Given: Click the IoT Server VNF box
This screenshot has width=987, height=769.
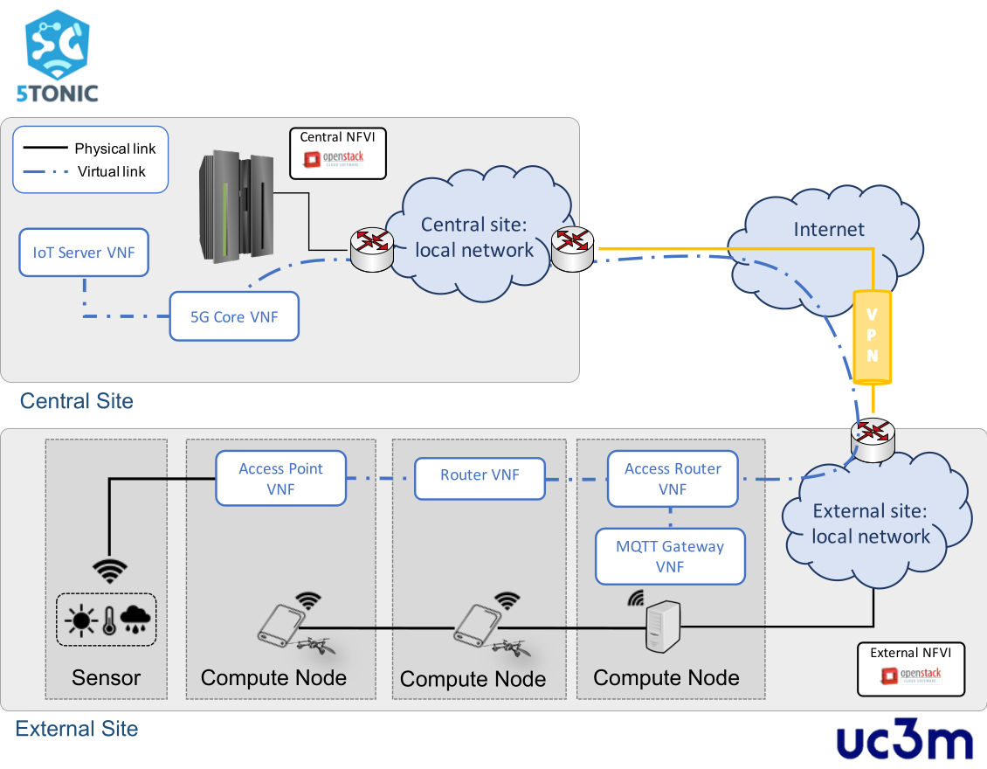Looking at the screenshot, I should coord(84,253).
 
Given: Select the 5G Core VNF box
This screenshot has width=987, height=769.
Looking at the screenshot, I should coord(234,316).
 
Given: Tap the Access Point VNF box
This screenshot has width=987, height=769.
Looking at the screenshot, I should coord(280,479).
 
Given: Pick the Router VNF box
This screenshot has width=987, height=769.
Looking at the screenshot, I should coord(480,475).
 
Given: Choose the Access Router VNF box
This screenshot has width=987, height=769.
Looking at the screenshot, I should coord(673,479).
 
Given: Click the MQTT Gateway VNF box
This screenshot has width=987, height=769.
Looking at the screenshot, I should coord(670,557).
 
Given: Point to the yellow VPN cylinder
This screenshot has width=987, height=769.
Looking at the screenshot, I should coord(872,337).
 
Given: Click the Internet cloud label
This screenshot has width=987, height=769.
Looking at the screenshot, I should coord(828,229).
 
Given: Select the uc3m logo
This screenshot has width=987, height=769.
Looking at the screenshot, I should coord(904,742).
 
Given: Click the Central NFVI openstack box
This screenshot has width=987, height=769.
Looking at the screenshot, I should coord(338,154).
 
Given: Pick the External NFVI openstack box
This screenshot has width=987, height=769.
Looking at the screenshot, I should coord(910,669).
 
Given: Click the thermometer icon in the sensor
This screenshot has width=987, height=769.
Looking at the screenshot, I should coord(108,620).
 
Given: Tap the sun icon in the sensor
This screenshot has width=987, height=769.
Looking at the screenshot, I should coord(81,620).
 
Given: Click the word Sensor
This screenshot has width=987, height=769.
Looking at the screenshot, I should coord(106,677).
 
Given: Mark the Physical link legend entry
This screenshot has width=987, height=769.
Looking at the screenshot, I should coord(90,149).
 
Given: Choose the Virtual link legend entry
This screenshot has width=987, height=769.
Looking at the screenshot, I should coord(90,171).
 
